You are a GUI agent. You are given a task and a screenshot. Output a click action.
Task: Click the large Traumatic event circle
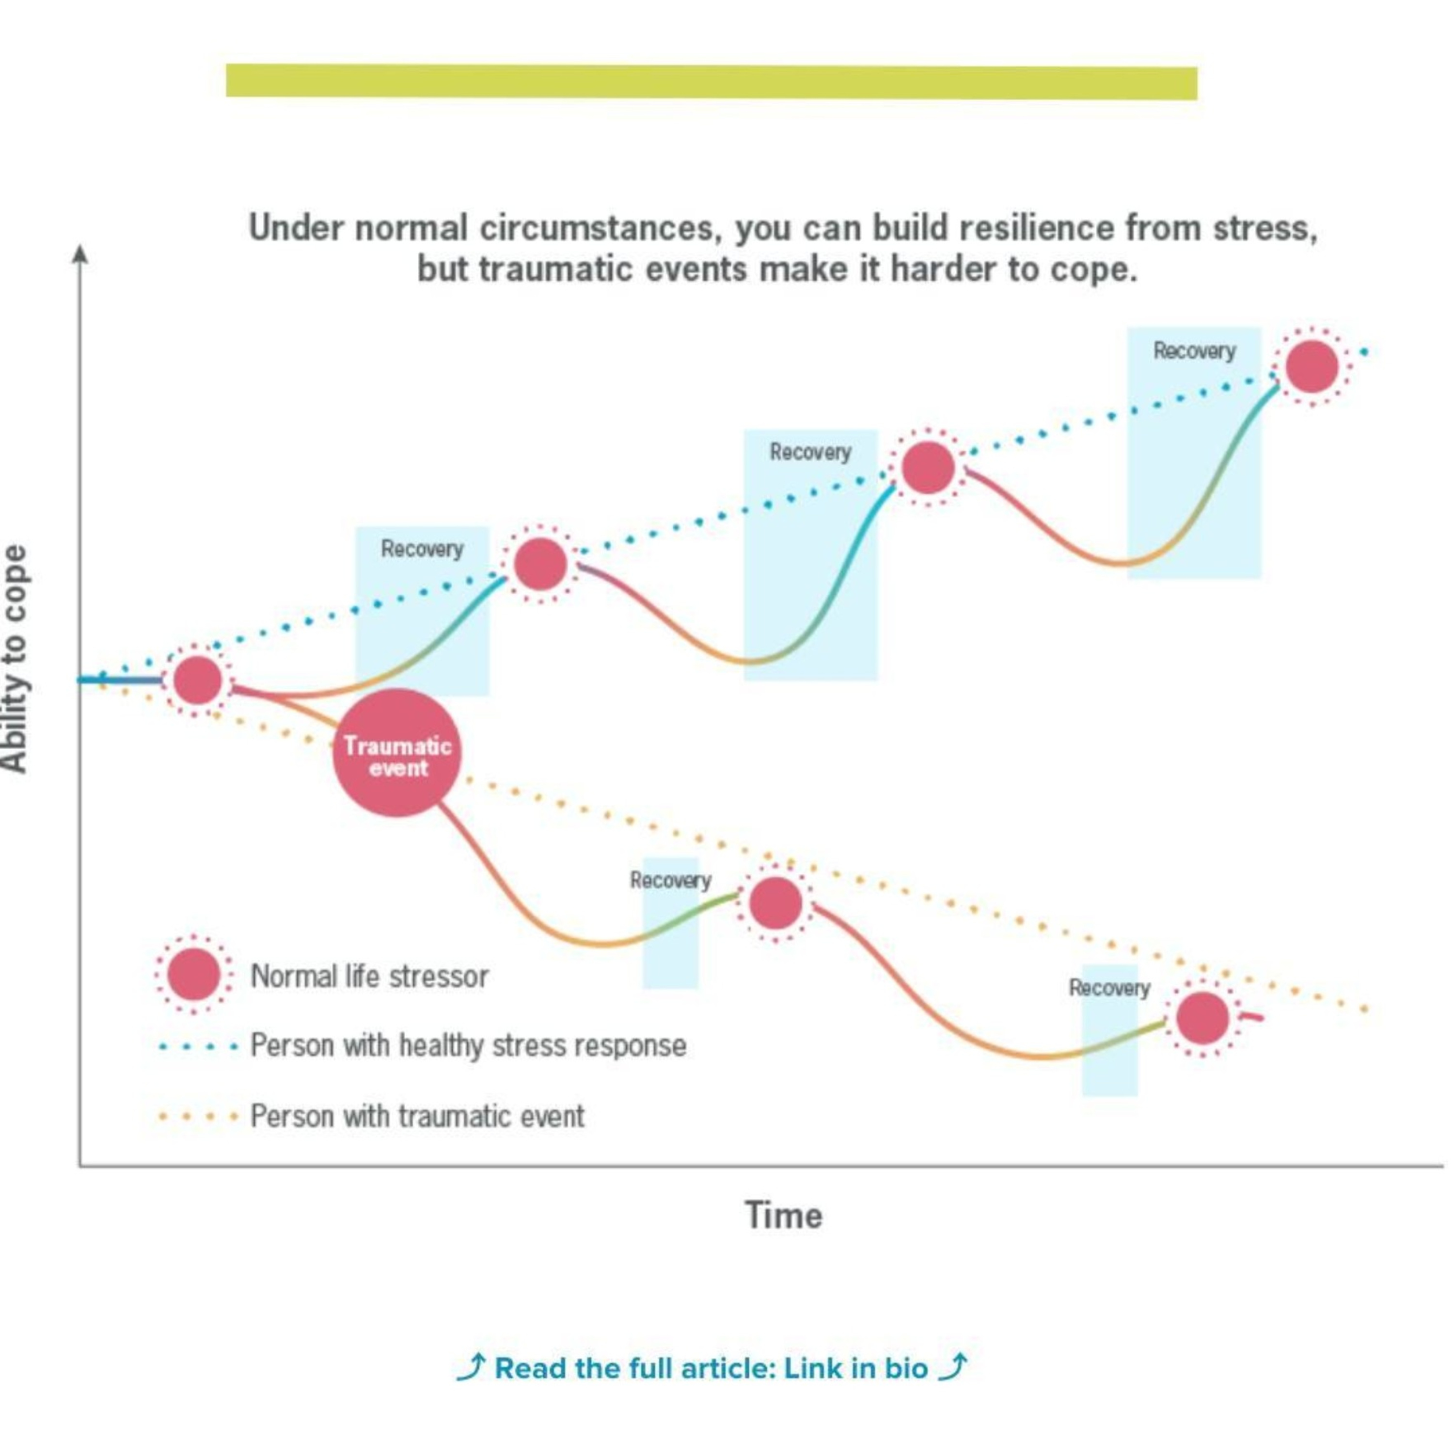click(x=396, y=753)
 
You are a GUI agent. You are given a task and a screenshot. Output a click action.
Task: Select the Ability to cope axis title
click(x=15, y=659)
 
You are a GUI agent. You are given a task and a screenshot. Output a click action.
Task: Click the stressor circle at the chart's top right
click(x=1312, y=366)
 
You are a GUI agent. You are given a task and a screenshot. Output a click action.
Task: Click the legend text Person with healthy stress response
click(x=468, y=1045)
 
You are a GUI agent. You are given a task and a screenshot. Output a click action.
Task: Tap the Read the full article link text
click(x=711, y=1368)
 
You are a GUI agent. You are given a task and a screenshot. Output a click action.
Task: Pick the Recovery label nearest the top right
click(x=1194, y=351)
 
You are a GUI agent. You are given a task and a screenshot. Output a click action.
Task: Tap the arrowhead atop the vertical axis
click(x=80, y=254)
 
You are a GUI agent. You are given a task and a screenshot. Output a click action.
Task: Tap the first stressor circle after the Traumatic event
click(x=775, y=902)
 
